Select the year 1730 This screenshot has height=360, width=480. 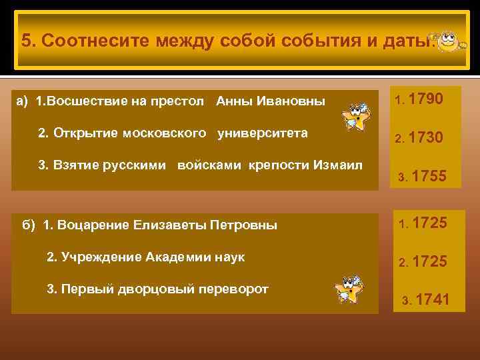click(425, 138)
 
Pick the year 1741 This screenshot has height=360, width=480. click(431, 301)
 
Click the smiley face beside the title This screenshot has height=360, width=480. click(447, 40)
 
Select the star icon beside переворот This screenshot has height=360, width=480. click(350, 291)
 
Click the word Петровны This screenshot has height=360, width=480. click(243, 225)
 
